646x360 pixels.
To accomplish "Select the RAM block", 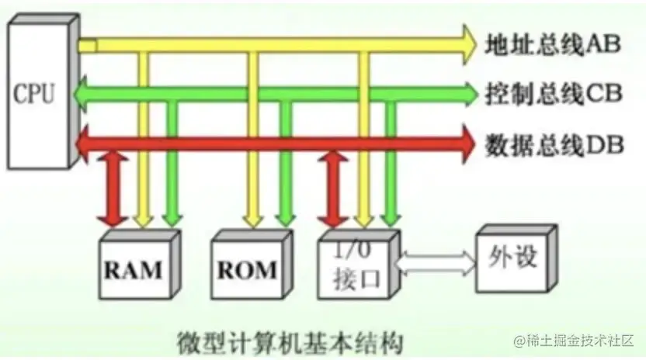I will [x=134, y=268].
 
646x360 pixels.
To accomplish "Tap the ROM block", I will [x=245, y=268].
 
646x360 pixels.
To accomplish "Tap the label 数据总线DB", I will [x=553, y=144].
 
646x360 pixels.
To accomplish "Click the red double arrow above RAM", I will [x=114, y=189].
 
